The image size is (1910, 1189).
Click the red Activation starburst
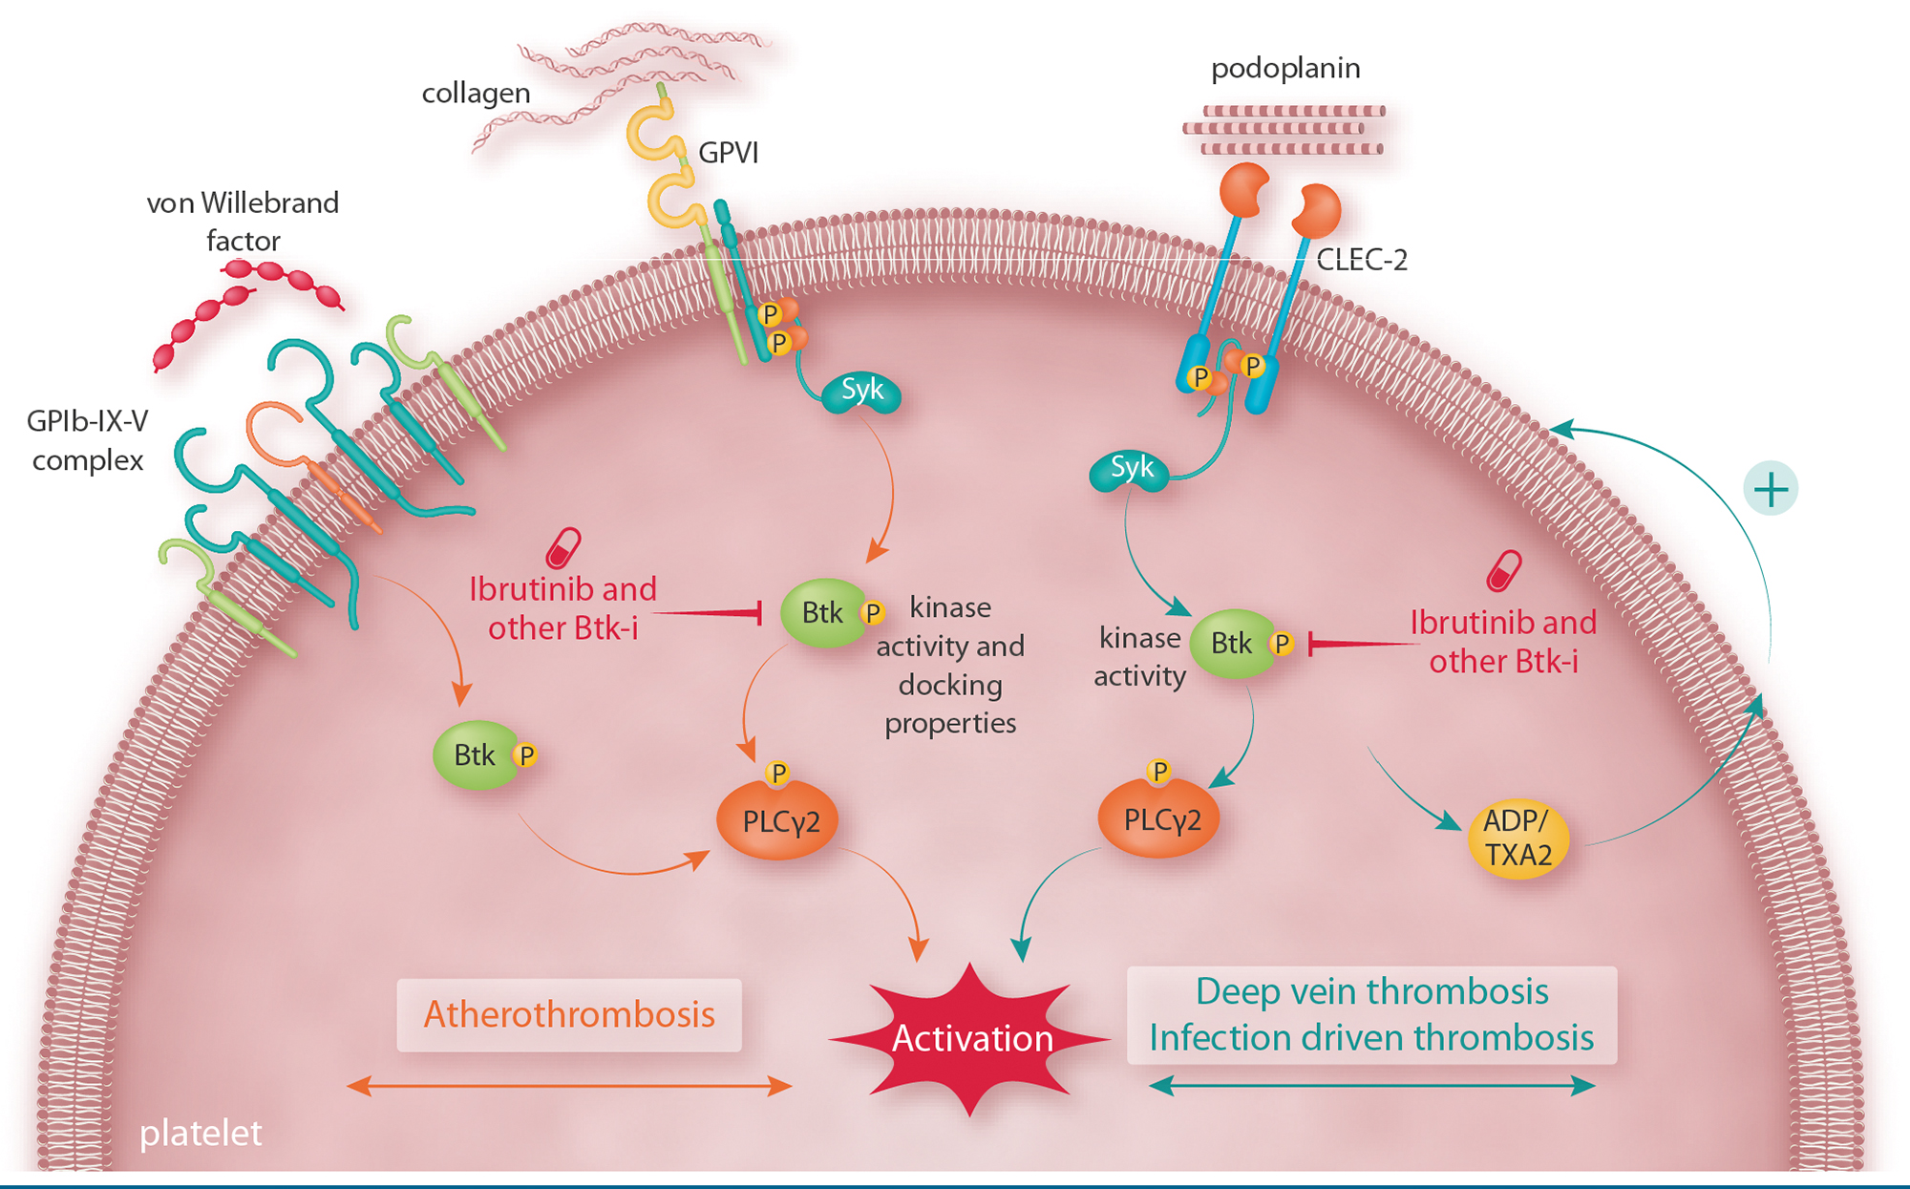click(971, 1038)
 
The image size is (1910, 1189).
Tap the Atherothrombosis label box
click(569, 1014)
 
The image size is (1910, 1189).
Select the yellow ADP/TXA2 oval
click(1517, 838)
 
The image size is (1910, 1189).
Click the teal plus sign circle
click(1771, 489)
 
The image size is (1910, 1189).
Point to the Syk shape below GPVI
click(861, 392)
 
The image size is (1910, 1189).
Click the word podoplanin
click(1285, 69)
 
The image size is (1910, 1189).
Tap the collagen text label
click(476, 94)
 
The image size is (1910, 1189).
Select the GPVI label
click(728, 153)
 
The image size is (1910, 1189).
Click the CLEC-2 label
click(1361, 260)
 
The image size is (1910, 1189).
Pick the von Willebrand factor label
click(243, 222)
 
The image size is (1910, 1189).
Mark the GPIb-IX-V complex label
click(87, 440)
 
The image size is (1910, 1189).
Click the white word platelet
click(201, 1133)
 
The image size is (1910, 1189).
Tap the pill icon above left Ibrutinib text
click(562, 547)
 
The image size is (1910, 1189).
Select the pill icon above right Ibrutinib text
click(1503, 570)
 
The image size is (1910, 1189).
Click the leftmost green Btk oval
click(476, 755)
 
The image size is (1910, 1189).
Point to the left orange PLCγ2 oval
click(777, 819)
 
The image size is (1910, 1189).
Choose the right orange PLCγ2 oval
click(1158, 818)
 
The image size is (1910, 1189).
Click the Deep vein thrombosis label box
click(1371, 1014)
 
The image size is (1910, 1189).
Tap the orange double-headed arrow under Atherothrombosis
click(569, 1086)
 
